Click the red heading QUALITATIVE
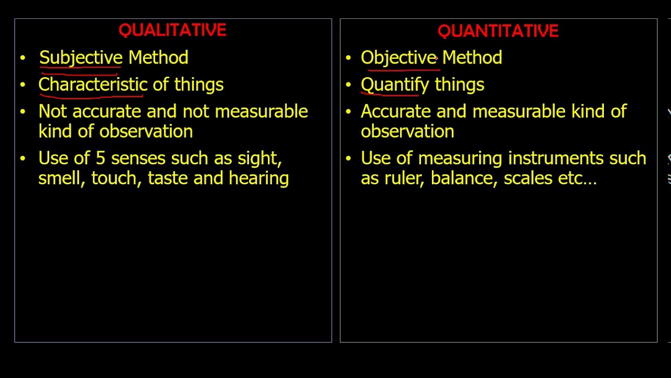(x=172, y=30)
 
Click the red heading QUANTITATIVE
(x=498, y=31)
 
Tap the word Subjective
(x=80, y=58)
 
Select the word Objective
(x=398, y=58)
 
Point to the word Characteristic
(x=92, y=85)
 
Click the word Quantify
(x=394, y=85)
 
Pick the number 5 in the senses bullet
(x=101, y=159)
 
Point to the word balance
(x=463, y=178)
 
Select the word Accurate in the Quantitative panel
(x=395, y=111)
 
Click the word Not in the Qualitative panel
(x=53, y=111)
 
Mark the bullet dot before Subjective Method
(x=23, y=58)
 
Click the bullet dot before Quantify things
(x=348, y=85)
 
